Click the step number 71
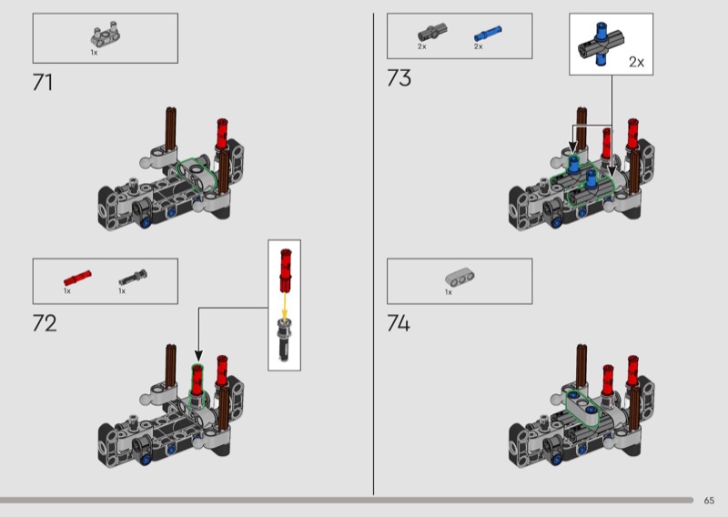pos(43,82)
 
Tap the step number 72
pos(45,322)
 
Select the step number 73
pos(399,78)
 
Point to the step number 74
pos(399,322)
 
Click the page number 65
pos(709,500)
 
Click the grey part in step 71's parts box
pos(99,35)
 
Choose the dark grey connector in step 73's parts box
pos(428,34)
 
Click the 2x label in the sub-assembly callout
pos(636,62)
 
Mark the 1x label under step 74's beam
pos(449,292)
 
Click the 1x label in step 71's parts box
pos(94,53)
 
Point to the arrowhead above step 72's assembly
pos(198,356)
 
